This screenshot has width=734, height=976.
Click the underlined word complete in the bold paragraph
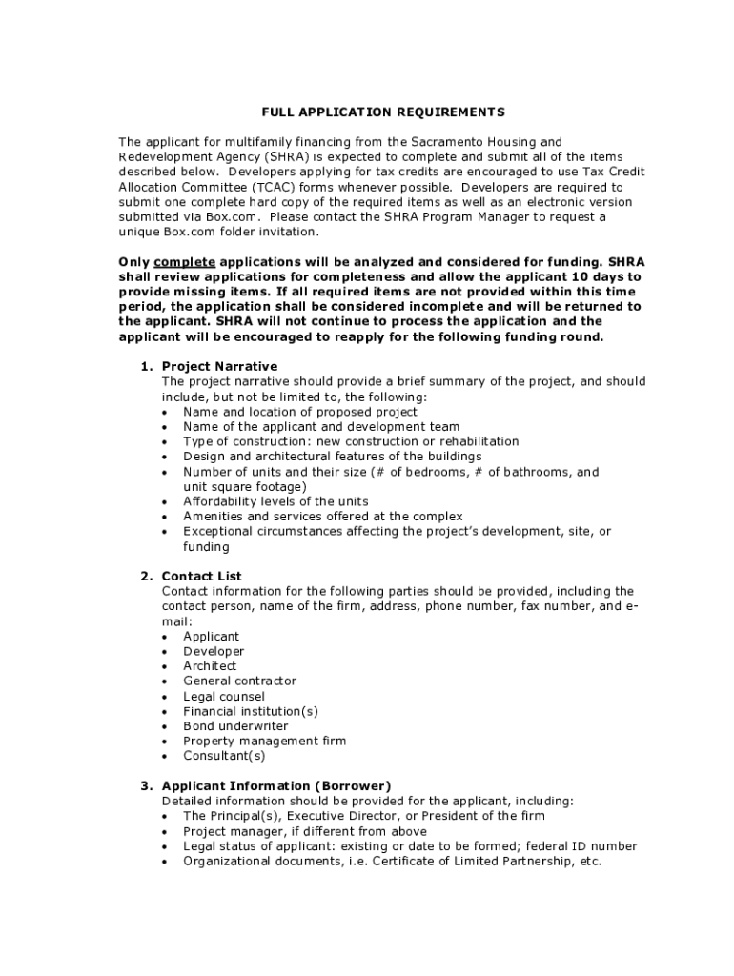click(185, 261)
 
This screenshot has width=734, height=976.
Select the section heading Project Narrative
click(219, 366)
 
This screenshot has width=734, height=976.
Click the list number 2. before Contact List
click(147, 576)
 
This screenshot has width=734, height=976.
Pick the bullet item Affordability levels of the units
click(275, 501)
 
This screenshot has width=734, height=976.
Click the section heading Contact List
click(201, 576)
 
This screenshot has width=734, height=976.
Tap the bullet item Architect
click(210, 666)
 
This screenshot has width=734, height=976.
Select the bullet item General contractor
click(239, 681)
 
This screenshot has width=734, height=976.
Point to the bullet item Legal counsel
click(224, 696)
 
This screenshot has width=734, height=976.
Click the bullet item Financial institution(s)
click(251, 711)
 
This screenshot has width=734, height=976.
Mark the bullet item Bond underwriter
click(235, 726)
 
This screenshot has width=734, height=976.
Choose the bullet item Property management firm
click(264, 741)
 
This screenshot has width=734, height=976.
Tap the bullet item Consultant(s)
click(224, 756)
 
